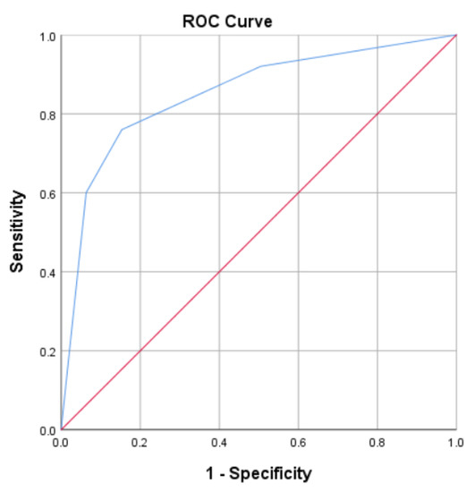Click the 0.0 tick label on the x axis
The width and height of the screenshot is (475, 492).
coord(61,443)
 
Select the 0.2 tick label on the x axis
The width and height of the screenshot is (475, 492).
coord(140,443)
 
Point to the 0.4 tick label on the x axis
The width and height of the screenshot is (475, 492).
coord(218,443)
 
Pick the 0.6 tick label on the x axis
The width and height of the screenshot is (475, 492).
coord(297,443)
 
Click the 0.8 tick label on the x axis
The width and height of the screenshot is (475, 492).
coord(376,443)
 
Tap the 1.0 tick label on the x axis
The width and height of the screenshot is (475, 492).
coord(454,443)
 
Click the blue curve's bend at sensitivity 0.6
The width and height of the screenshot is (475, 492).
coord(86,192)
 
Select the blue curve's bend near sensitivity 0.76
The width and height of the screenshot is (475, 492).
coord(121,130)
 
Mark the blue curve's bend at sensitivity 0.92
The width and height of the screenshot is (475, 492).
coord(259,67)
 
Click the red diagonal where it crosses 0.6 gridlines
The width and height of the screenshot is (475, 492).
coord(297,193)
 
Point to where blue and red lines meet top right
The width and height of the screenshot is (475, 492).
coord(454,36)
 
